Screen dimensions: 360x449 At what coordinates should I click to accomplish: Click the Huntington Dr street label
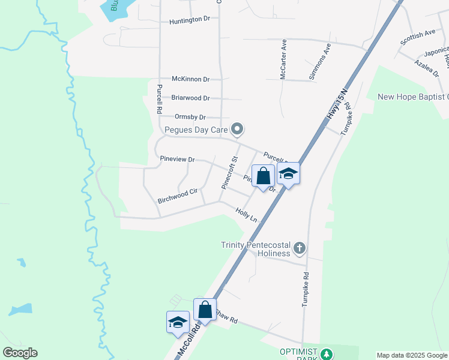pyautogui.click(x=190, y=19)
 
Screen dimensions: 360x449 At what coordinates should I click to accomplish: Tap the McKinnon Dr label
pyautogui.click(x=190, y=79)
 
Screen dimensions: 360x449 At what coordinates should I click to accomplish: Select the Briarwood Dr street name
pyautogui.click(x=190, y=98)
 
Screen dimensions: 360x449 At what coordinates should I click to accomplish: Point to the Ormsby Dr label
pyautogui.click(x=190, y=117)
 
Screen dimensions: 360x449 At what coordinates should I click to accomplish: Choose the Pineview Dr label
pyautogui.click(x=178, y=160)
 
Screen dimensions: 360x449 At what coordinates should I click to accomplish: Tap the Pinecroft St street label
pyautogui.click(x=231, y=173)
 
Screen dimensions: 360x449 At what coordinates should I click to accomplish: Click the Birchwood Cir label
pyautogui.click(x=177, y=196)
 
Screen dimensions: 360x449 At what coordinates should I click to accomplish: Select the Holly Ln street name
pyautogui.click(x=247, y=215)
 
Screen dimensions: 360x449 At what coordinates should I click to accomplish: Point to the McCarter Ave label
pyautogui.click(x=283, y=61)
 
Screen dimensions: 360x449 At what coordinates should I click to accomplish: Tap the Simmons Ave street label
pyautogui.click(x=319, y=61)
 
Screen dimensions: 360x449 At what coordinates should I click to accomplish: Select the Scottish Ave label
pyautogui.click(x=418, y=37)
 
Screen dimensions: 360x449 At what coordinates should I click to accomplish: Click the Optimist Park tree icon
pyautogui.click(x=326, y=353)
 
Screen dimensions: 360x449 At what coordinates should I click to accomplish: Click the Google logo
pyautogui.click(x=20, y=353)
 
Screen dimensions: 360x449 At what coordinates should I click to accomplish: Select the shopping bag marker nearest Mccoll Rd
pyautogui.click(x=205, y=310)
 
